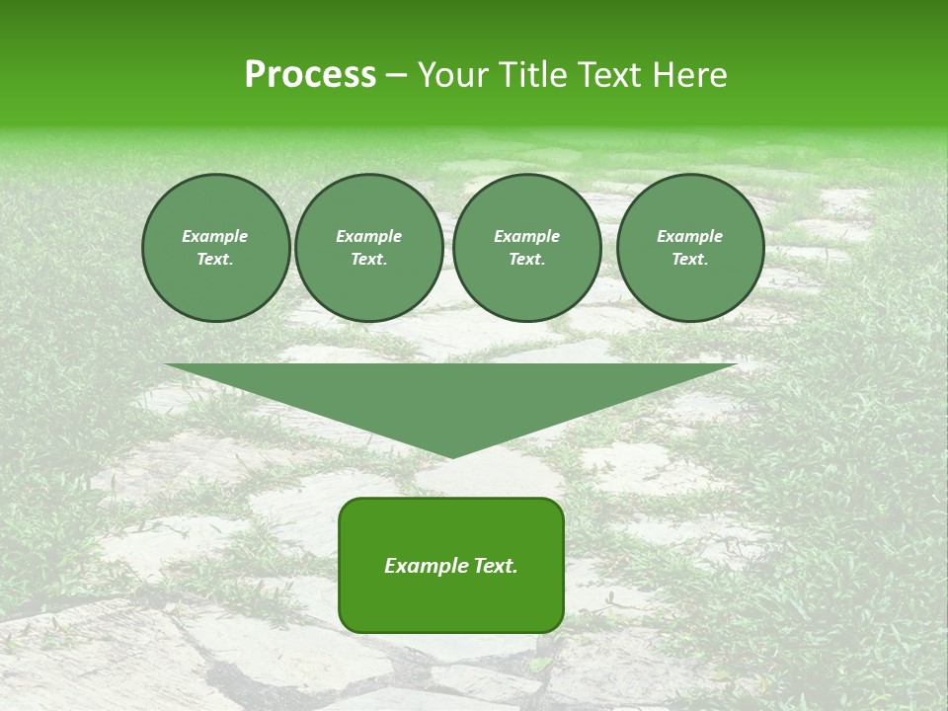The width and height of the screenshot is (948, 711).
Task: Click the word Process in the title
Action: [x=310, y=75]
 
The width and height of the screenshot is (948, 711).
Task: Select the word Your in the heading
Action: [x=455, y=75]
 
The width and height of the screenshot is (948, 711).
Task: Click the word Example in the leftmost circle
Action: [x=215, y=236]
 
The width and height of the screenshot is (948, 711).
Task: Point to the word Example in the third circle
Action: [x=526, y=236]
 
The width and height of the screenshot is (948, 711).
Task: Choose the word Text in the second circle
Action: [x=367, y=259]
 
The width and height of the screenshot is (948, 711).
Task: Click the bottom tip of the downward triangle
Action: [x=451, y=457]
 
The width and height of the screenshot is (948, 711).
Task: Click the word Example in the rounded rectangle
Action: [x=426, y=566]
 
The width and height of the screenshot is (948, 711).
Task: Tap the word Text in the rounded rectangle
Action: [x=495, y=566]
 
